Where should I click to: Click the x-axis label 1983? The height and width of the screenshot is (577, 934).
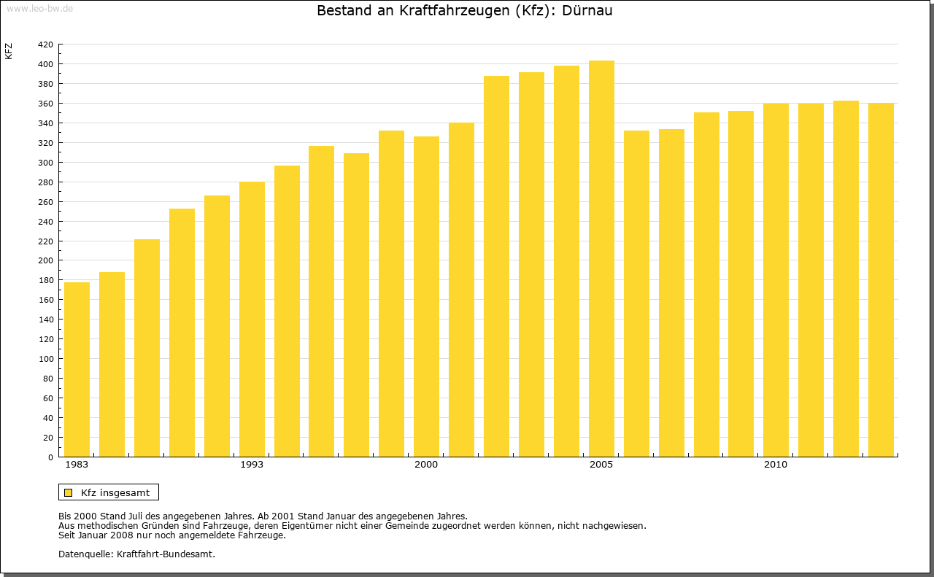coord(77,465)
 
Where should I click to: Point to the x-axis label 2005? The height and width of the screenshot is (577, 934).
coord(601,465)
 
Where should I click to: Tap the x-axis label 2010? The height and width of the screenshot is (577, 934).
coord(776,465)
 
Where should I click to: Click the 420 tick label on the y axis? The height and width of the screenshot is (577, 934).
coord(45,44)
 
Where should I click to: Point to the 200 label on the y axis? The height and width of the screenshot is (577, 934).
coord(45,260)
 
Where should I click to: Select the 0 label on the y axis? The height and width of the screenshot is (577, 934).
coord(50,457)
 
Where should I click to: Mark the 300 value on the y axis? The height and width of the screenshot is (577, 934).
coord(45,163)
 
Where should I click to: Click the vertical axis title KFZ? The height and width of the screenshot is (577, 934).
coord(9,51)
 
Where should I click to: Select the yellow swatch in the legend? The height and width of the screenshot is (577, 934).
coord(68,492)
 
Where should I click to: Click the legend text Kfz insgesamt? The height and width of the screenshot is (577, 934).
coord(115,492)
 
